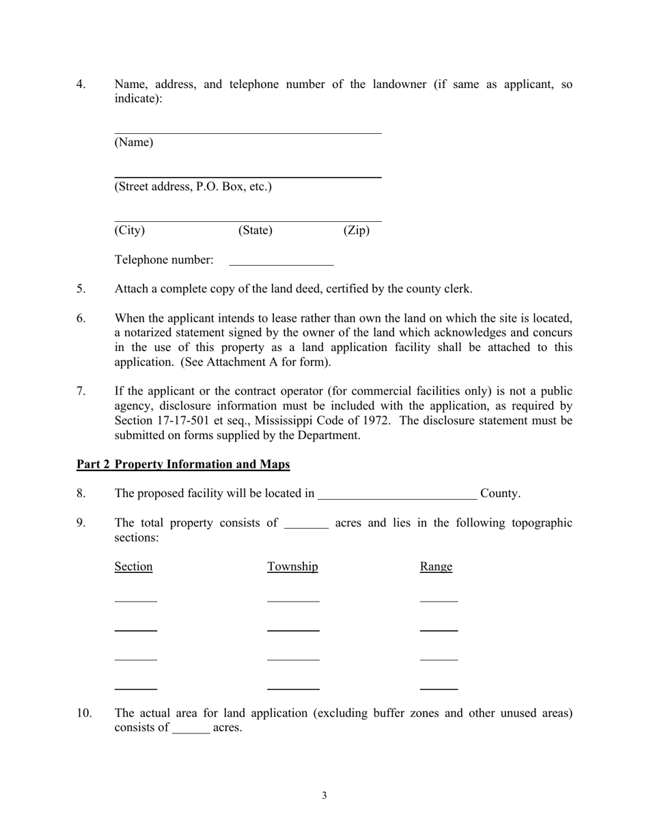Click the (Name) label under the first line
click(134, 142)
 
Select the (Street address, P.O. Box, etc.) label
click(193, 186)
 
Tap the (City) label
click(130, 230)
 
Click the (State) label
click(255, 230)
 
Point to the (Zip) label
click(356, 230)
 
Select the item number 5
click(81, 289)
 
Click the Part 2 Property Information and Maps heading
click(183, 464)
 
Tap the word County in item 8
click(500, 493)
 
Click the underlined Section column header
click(133, 567)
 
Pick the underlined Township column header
click(292, 567)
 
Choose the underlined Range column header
click(436, 567)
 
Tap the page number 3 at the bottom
click(324, 795)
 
